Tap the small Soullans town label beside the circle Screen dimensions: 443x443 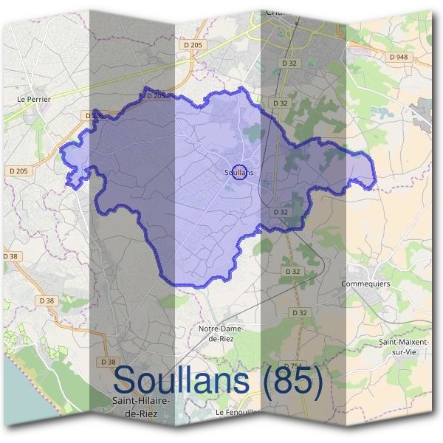(x=238, y=173)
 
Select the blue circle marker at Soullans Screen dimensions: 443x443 (x=238, y=171)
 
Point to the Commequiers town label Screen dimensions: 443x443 (x=365, y=284)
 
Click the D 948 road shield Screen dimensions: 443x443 (x=396, y=56)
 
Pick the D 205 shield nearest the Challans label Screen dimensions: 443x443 (x=193, y=45)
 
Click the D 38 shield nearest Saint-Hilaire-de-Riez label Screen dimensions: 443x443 (x=107, y=362)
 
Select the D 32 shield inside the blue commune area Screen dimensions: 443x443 (x=280, y=212)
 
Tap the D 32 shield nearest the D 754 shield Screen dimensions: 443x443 (x=299, y=313)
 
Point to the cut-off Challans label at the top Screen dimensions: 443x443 (x=275, y=12)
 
